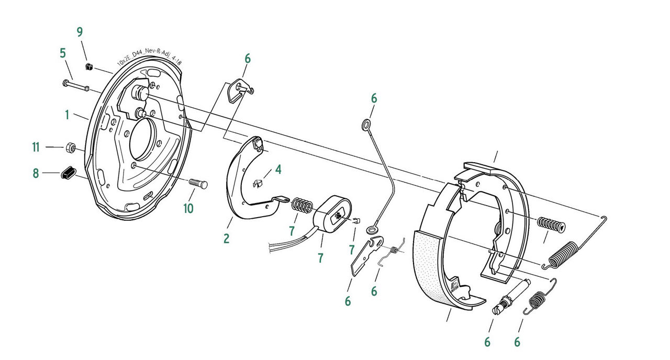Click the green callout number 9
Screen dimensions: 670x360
pos(80,32)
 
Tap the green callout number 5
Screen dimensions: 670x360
pos(62,53)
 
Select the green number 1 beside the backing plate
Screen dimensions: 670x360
pos(67,115)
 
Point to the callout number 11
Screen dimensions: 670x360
pos(36,147)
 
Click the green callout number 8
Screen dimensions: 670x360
pos(36,173)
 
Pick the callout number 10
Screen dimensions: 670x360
pos(188,208)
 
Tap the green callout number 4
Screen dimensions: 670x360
pos(278,170)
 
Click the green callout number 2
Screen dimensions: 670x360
pos(227,239)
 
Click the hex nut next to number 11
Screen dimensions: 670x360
pos(70,147)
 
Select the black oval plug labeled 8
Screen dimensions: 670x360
pos(69,173)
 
